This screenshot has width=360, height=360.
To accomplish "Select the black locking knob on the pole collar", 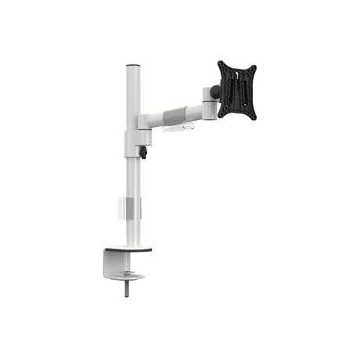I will point(143,152).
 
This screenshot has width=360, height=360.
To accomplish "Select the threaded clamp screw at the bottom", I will point(127,291).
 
